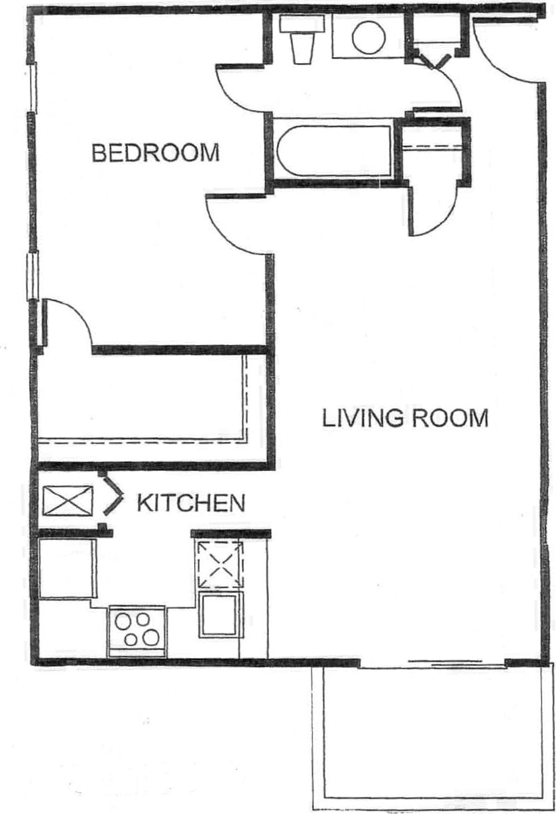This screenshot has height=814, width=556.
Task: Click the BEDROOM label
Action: pyautogui.click(x=155, y=153)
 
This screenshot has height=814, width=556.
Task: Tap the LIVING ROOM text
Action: pyautogui.click(x=405, y=419)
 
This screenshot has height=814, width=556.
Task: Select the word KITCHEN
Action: pyautogui.click(x=190, y=503)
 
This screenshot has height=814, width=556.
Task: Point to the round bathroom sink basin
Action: pyautogui.click(x=368, y=37)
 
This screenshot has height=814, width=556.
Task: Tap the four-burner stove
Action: pyautogui.click(x=137, y=630)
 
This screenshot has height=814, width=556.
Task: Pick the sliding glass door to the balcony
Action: pyautogui.click(x=445, y=662)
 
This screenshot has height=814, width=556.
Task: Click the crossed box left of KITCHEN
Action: pyautogui.click(x=68, y=500)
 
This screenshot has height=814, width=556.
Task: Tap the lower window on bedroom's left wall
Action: pyautogui.click(x=32, y=276)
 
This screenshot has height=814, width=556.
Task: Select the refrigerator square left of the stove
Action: pyautogui.click(x=66, y=569)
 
